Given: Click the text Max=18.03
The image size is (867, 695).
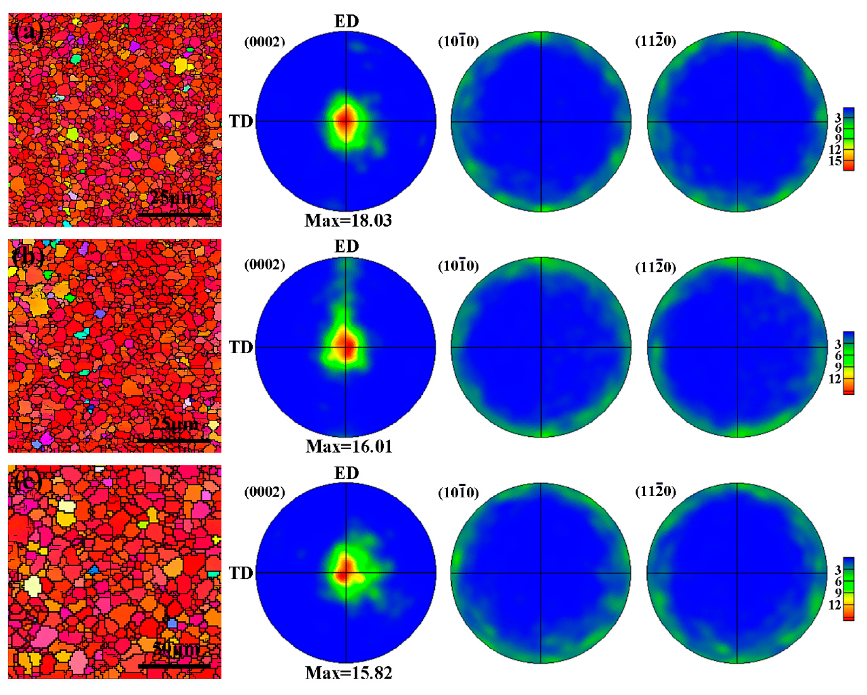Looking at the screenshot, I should (348, 220).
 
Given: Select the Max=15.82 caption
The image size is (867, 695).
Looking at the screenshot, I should (348, 673).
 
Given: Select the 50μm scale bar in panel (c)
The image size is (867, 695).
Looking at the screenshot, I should (175, 667).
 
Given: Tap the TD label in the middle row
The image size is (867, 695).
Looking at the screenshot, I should (241, 347).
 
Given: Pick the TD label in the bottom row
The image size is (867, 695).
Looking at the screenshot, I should (241, 573).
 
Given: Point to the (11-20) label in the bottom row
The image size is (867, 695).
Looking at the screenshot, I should (655, 491).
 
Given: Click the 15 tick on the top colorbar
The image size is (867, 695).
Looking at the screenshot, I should (835, 161).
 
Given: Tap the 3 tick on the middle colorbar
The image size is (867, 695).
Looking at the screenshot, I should (838, 344).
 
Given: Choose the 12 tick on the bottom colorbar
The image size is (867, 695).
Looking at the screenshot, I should (835, 605).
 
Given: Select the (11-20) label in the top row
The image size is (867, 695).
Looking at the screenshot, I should (655, 41).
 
